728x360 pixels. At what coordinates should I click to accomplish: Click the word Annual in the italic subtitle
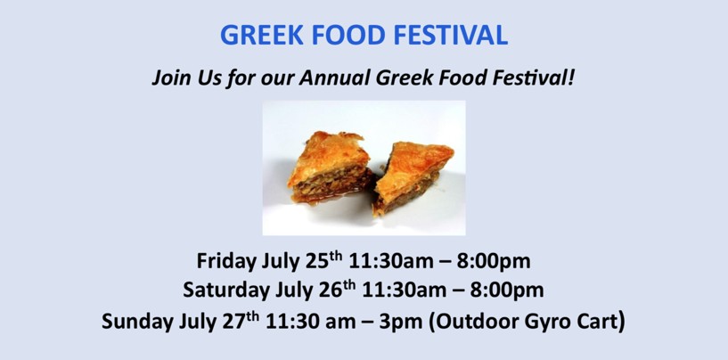[335, 78]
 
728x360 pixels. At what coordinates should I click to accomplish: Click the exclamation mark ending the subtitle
[571, 78]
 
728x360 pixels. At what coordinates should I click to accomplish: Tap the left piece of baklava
[329, 167]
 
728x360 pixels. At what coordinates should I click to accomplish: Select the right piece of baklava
[413, 177]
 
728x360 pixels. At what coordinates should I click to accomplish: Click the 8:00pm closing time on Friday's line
[493, 261]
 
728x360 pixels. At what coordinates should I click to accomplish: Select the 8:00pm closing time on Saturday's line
[507, 290]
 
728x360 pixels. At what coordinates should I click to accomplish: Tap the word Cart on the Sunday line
[594, 322]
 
